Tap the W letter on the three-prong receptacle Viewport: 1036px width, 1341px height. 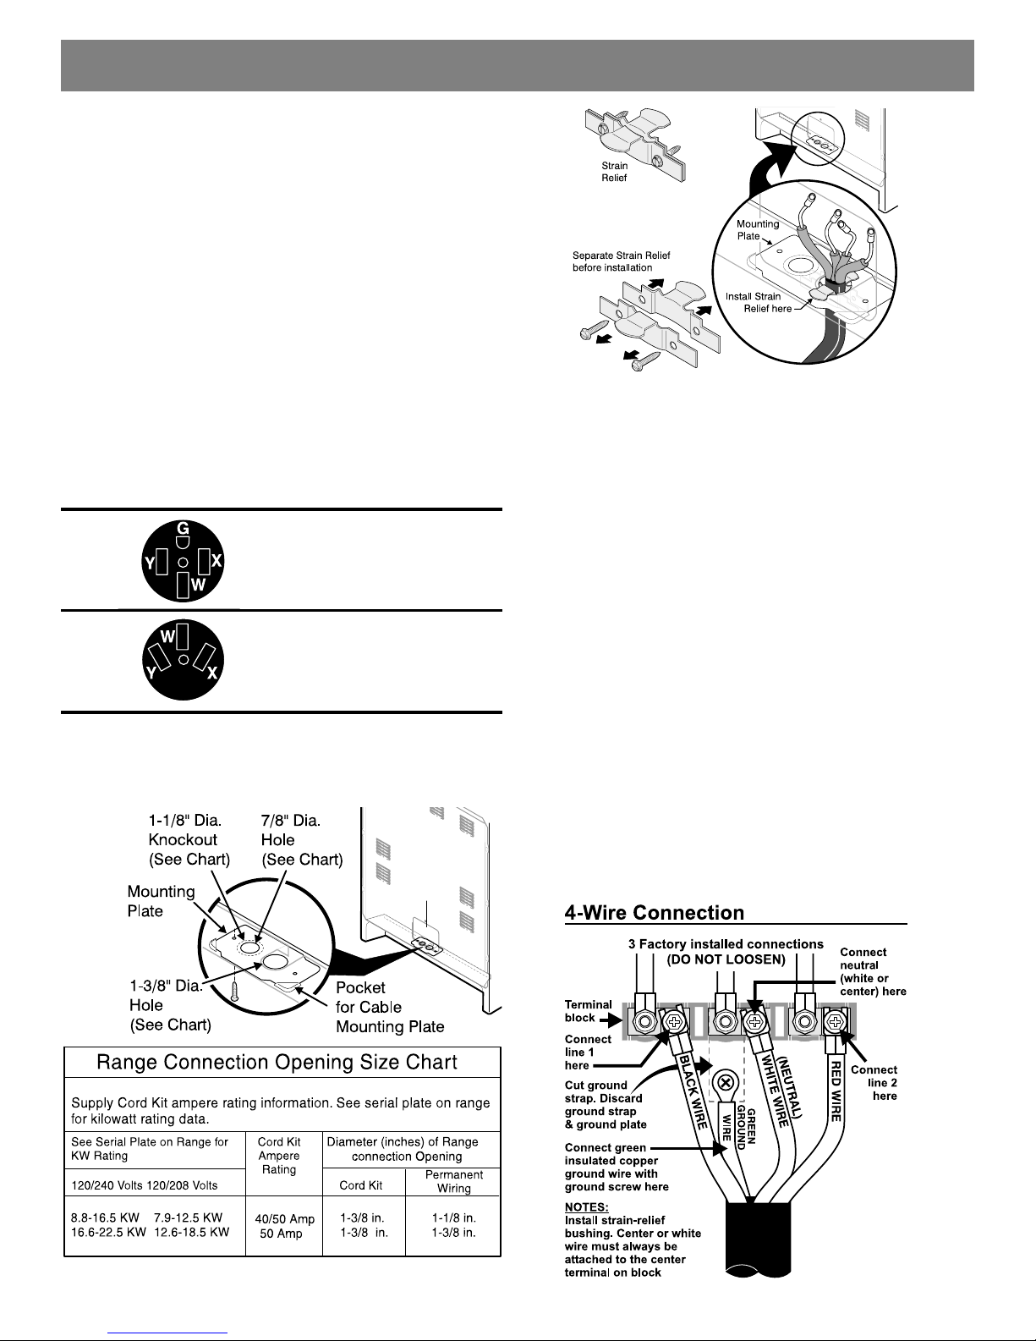tap(167, 635)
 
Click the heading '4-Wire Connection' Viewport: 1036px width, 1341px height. tap(655, 913)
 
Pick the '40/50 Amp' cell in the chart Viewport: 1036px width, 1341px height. tap(284, 1219)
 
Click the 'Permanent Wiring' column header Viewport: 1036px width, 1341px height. tap(453, 1181)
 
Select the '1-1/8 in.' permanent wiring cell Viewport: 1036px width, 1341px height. tap(453, 1218)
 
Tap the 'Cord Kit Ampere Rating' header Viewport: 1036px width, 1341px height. tap(279, 1155)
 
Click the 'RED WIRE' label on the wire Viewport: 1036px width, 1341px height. tap(836, 1091)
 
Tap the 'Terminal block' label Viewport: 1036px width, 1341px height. tap(589, 1010)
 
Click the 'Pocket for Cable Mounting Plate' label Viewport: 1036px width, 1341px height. tap(389, 1007)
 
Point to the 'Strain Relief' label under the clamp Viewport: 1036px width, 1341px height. tap(615, 172)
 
